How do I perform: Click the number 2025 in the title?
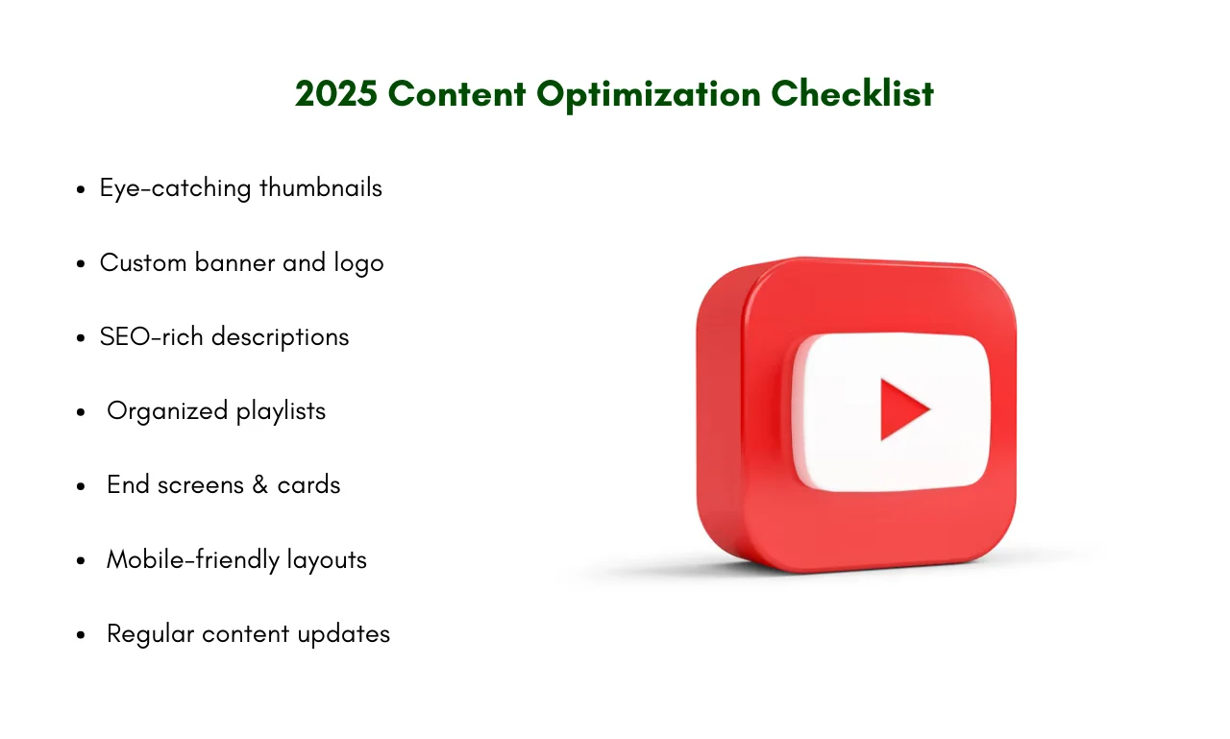tap(336, 93)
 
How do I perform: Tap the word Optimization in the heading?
tap(649, 95)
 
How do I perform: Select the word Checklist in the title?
tap(852, 93)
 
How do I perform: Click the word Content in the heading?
tap(456, 93)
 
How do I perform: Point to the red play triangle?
tap(901, 409)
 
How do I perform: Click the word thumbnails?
tap(321, 187)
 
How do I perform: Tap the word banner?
tap(234, 262)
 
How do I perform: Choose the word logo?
tap(358, 264)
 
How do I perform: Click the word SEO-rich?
tap(151, 336)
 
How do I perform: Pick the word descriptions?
tap(280, 337)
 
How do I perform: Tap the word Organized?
tap(167, 411)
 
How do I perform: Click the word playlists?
tap(281, 411)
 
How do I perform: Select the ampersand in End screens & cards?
tap(259, 484)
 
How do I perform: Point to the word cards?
tap(308, 484)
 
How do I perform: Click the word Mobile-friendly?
tap(193, 560)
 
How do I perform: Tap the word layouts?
tap(327, 560)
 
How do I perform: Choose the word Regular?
tap(151, 634)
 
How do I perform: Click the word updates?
tap(344, 634)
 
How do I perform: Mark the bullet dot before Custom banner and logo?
tap(82, 264)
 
